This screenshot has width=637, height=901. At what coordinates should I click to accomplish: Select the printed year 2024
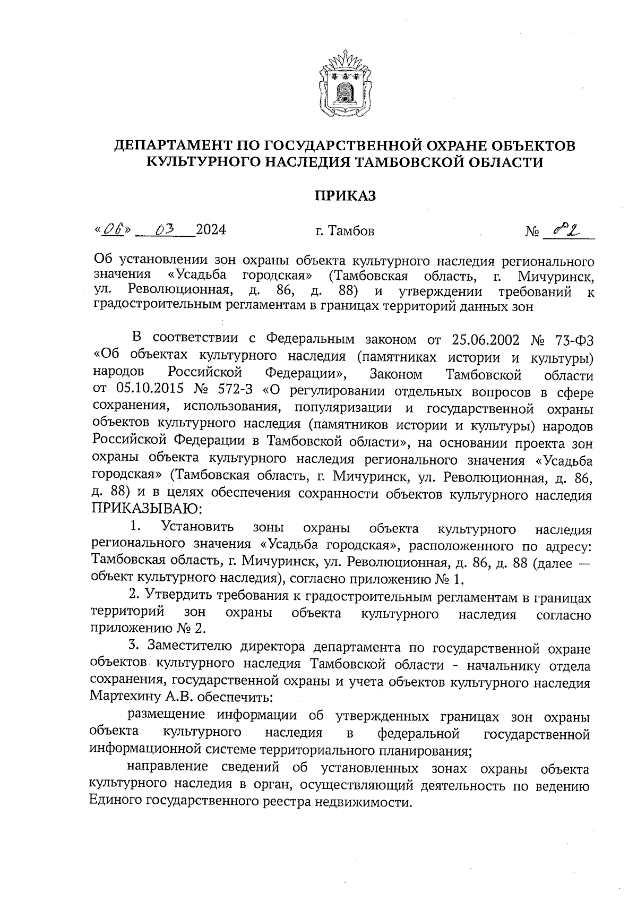tap(211, 230)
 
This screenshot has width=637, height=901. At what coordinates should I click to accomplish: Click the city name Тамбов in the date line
tap(351, 231)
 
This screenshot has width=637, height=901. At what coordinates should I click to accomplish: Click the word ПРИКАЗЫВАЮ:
tap(147, 510)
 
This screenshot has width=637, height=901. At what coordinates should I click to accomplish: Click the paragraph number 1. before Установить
tap(135, 527)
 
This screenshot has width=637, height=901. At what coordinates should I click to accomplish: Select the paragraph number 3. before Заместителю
tap(134, 646)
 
